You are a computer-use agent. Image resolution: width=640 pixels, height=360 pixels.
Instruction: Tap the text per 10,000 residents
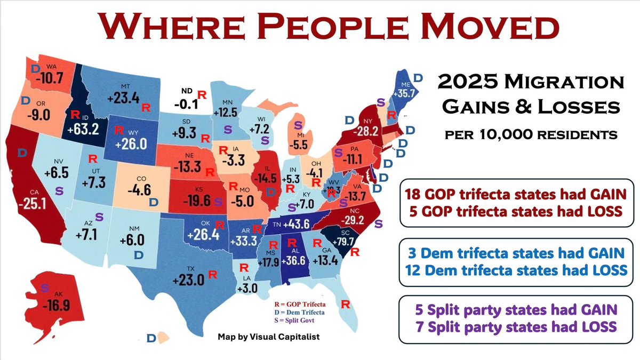[x=530, y=134]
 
